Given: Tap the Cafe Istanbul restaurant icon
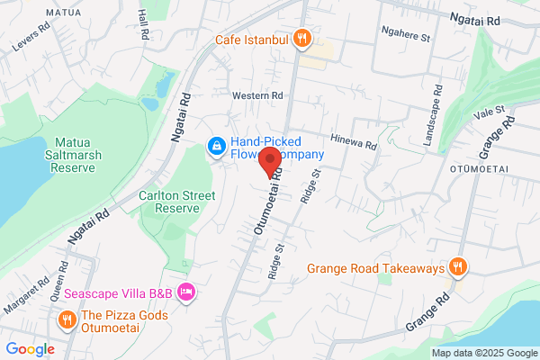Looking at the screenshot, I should pos(302,40).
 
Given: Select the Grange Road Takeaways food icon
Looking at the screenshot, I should pos(458,267).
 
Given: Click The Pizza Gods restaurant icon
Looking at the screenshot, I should pos(67,320).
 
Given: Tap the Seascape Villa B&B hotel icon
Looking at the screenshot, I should pos(186,292).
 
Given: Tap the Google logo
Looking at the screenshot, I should pos(30,349).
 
